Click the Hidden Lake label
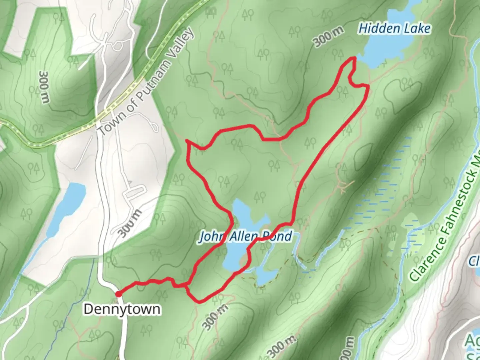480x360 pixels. click(x=394, y=29)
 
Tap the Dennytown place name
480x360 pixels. click(x=122, y=309)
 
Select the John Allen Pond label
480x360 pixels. click(x=246, y=236)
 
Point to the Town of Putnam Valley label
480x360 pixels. click(x=146, y=82)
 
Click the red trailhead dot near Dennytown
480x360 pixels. click(x=118, y=294)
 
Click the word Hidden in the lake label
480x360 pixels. click(x=375, y=29)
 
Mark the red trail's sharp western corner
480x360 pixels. click(x=187, y=141)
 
